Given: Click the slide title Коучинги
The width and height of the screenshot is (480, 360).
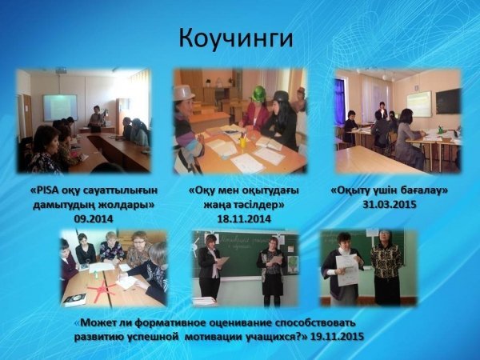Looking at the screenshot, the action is coord(236,38).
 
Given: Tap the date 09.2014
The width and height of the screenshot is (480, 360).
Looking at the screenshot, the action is coord(94,219).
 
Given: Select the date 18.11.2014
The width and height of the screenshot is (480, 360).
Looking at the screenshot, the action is coord(244,219).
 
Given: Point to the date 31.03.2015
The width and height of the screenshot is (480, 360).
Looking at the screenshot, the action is coord(390,204).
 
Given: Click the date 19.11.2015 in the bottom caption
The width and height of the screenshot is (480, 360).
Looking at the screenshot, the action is coord(337,337).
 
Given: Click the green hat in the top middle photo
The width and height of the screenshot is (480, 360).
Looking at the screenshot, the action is coord(259,93).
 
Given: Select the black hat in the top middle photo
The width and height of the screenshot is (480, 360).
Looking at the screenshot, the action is coord(281,96).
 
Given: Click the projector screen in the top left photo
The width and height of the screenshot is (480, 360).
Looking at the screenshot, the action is coord(60,107).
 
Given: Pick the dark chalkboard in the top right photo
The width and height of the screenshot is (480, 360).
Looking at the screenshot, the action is coord(448,102).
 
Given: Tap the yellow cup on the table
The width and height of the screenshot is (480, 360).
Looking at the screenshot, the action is coord(243,142).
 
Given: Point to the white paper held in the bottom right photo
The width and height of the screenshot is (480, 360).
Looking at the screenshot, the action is coord(347,270).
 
